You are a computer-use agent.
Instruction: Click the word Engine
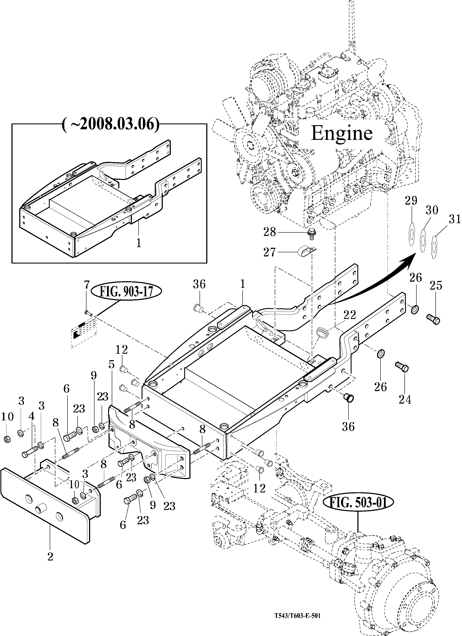pos(342,133)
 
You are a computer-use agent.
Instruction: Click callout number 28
pos(270,232)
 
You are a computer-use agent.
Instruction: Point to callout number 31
pos(454,219)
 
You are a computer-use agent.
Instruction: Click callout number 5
pos(112,365)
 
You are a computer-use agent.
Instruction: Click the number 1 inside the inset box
pos(139,243)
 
